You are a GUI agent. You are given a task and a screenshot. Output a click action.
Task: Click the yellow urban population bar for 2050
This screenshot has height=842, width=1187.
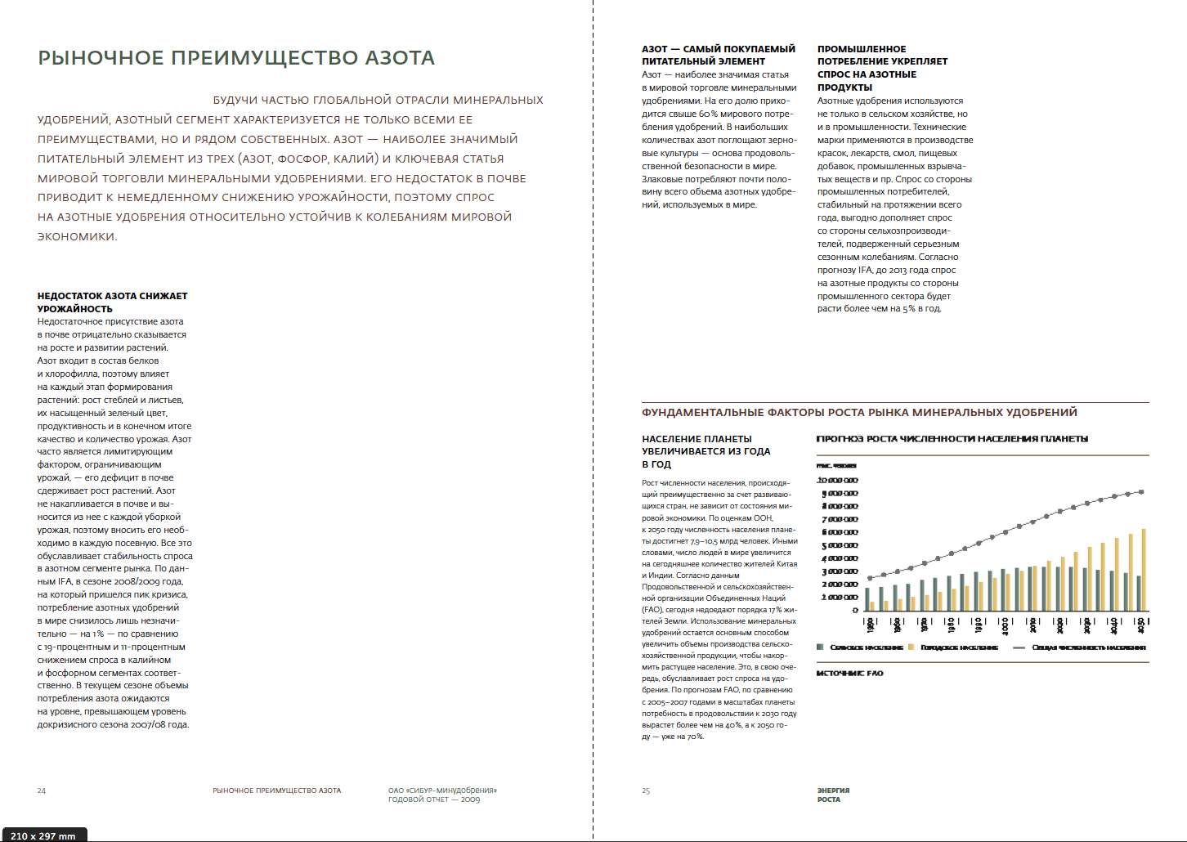[x=1144, y=570]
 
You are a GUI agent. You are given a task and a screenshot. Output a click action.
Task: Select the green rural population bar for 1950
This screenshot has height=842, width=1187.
[x=867, y=599]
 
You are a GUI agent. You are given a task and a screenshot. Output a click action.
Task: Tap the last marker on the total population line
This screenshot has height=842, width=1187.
[x=1142, y=491]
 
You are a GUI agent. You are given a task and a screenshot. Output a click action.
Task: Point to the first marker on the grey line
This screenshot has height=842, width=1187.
[x=870, y=578]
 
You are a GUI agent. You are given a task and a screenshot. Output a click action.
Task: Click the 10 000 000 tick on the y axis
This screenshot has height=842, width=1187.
[x=838, y=481]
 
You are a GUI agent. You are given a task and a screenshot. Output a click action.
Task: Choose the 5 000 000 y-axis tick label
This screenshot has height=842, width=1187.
[x=840, y=545]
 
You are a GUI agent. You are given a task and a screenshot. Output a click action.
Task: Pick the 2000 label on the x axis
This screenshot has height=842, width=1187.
[x=1006, y=625]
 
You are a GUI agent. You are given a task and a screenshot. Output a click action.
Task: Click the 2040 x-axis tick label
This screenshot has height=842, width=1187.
[x=1114, y=625]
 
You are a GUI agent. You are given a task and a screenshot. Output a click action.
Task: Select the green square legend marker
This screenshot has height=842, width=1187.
[x=820, y=647]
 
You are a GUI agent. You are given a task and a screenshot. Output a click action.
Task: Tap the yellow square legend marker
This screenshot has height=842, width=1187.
[x=912, y=647]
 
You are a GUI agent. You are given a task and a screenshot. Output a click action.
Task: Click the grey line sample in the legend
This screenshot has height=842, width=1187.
[x=1019, y=647]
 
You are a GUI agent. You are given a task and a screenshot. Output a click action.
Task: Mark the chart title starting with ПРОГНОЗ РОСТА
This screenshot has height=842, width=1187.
[x=952, y=439]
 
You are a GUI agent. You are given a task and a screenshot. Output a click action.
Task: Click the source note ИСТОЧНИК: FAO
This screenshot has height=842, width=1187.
[x=849, y=674]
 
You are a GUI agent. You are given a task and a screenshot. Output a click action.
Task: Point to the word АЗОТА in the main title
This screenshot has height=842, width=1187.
[x=400, y=58]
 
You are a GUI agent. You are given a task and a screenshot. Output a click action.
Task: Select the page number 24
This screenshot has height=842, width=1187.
[x=42, y=790]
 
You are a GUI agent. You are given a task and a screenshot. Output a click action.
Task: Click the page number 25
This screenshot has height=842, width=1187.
[x=646, y=790]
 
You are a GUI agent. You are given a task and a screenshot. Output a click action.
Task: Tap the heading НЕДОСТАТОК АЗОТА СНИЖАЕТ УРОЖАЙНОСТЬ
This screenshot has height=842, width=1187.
[x=112, y=302]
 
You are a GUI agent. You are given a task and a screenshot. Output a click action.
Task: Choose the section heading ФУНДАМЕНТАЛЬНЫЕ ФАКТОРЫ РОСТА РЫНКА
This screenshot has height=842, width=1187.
[x=859, y=413]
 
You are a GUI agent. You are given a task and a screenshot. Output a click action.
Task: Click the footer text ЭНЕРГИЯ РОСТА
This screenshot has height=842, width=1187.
[x=833, y=795]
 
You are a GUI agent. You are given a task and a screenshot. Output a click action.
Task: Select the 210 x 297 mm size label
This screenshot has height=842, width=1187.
[x=43, y=835]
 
